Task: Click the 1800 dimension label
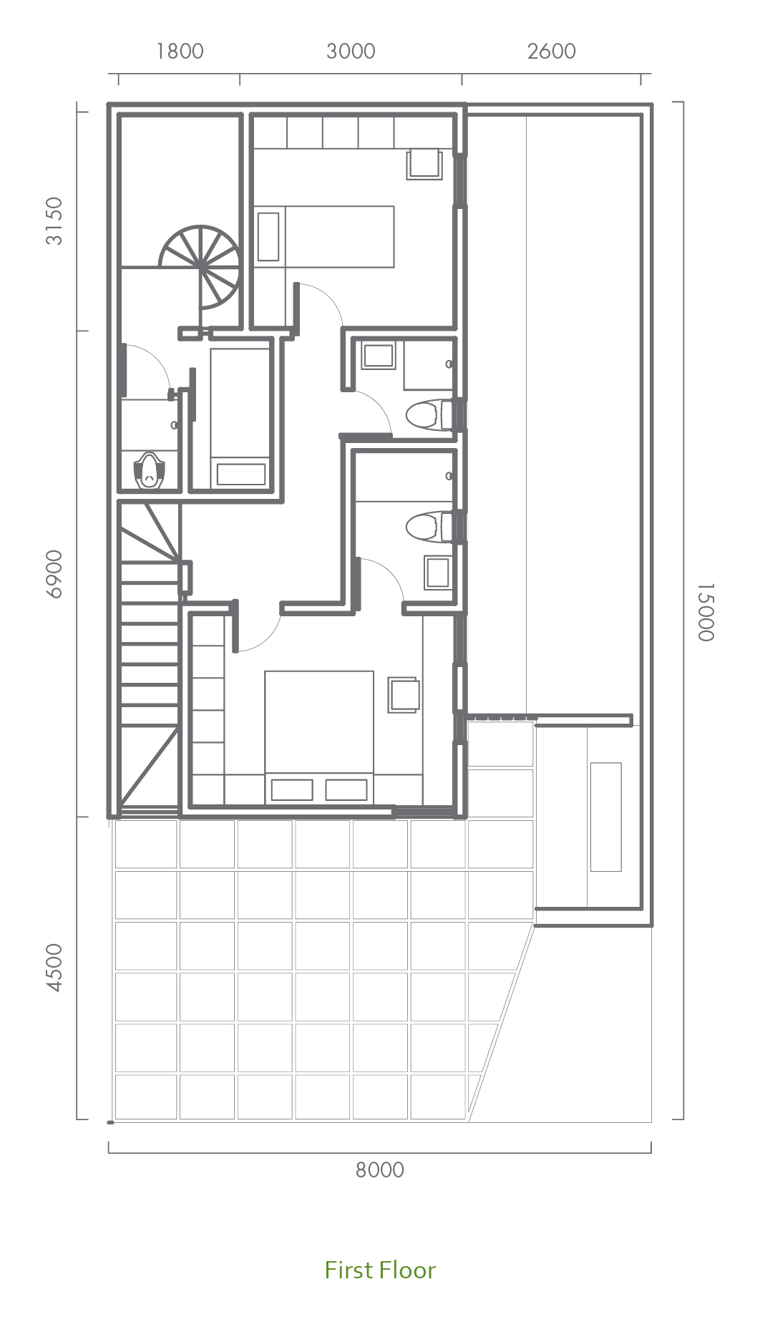180,52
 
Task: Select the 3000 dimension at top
351,52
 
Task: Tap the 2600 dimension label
551,52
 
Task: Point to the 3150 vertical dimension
54,221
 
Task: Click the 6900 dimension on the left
54,573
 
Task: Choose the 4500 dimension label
54,968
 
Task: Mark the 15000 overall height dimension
705,613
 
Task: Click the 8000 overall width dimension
380,1170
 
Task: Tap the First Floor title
380,1270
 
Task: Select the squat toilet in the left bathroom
149,470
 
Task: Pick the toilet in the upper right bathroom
429,414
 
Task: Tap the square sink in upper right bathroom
379,356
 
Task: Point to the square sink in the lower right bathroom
437,573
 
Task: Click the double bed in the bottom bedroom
319,737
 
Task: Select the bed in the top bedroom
324,237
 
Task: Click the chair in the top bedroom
425,164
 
